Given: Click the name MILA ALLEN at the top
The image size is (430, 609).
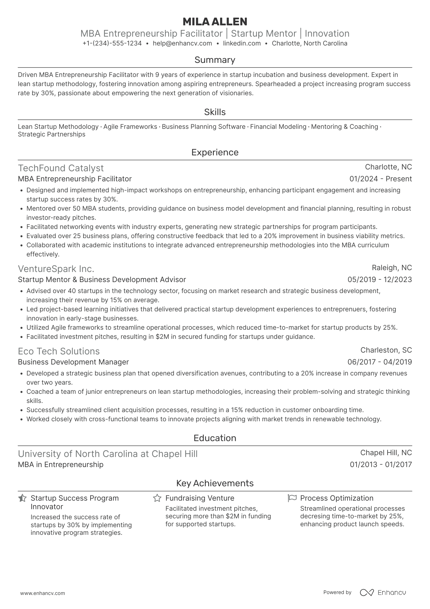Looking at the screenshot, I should (x=215, y=22).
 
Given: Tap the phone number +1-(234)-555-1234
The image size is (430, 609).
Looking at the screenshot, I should (x=112, y=43).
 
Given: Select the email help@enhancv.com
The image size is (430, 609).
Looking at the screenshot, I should (x=182, y=43).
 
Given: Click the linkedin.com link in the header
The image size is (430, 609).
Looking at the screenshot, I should (x=242, y=43).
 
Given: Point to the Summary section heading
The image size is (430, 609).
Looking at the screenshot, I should (x=215, y=60).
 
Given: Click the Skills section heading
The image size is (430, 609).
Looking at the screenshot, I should (x=215, y=112).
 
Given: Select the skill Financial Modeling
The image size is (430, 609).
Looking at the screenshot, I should (x=278, y=127).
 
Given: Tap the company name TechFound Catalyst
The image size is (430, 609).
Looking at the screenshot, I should (x=61, y=168).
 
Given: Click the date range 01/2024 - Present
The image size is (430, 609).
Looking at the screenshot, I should (x=381, y=179).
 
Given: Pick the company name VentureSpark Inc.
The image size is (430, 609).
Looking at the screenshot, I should (x=56, y=269).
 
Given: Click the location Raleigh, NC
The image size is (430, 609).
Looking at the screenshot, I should (x=392, y=268).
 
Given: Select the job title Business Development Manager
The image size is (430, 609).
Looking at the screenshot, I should (x=73, y=362).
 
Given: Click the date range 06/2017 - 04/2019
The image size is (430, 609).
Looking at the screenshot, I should (x=379, y=362).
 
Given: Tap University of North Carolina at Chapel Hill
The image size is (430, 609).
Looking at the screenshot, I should (x=108, y=454).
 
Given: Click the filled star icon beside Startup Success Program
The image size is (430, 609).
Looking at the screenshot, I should (x=22, y=498).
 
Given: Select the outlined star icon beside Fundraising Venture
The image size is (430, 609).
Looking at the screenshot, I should (x=157, y=498).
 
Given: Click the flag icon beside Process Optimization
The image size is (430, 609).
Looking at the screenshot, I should (x=292, y=498).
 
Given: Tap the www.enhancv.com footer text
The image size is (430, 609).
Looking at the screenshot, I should (x=42, y=593).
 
